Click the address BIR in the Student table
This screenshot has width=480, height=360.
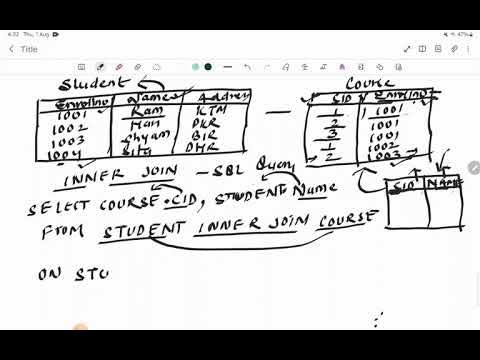click(x=207, y=139)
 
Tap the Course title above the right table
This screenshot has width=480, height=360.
click(x=366, y=86)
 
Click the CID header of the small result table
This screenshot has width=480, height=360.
click(x=406, y=184)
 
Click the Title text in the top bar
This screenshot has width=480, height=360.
click(x=29, y=48)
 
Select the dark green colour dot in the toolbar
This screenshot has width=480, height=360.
click(x=207, y=67)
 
